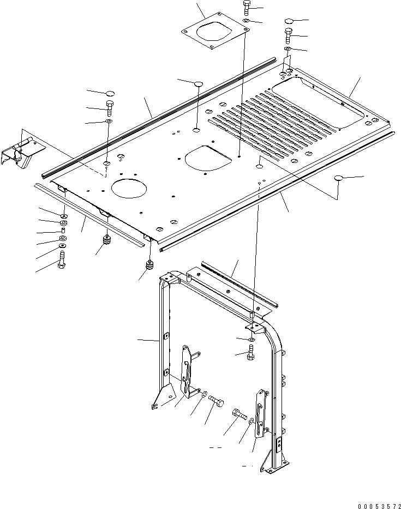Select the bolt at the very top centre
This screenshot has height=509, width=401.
(x=245, y=8)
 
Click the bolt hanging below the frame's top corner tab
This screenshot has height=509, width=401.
(x=250, y=354)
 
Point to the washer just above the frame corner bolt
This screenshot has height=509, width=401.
(x=250, y=340)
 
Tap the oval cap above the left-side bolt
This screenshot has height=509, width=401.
(x=109, y=92)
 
